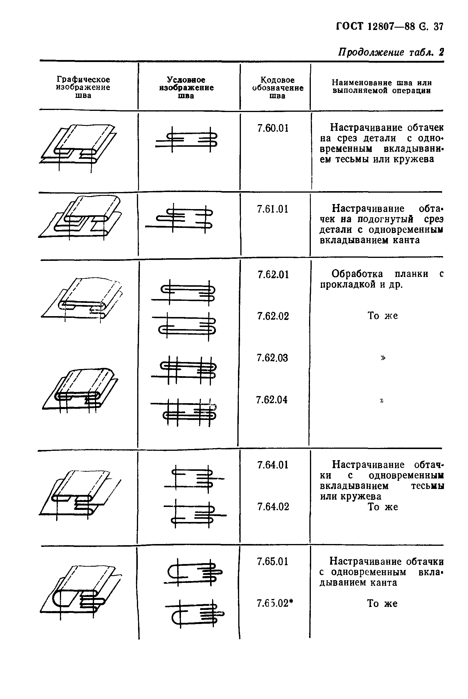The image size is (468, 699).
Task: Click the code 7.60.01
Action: pyautogui.click(x=273, y=128)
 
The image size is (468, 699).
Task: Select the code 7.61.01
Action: pyautogui.click(x=273, y=209)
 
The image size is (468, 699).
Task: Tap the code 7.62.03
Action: pyautogui.click(x=272, y=358)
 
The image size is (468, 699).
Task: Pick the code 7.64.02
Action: pyautogui.click(x=273, y=507)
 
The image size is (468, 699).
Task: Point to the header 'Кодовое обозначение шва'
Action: pyautogui.click(x=278, y=88)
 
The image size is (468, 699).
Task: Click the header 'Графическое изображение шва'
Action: pyautogui.click(x=83, y=87)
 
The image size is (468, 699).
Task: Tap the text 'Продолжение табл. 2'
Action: pyautogui.click(x=391, y=52)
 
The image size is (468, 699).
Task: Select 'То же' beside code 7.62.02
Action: pyautogui.click(x=382, y=316)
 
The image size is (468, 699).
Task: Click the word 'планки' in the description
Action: pyautogui.click(x=411, y=273)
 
